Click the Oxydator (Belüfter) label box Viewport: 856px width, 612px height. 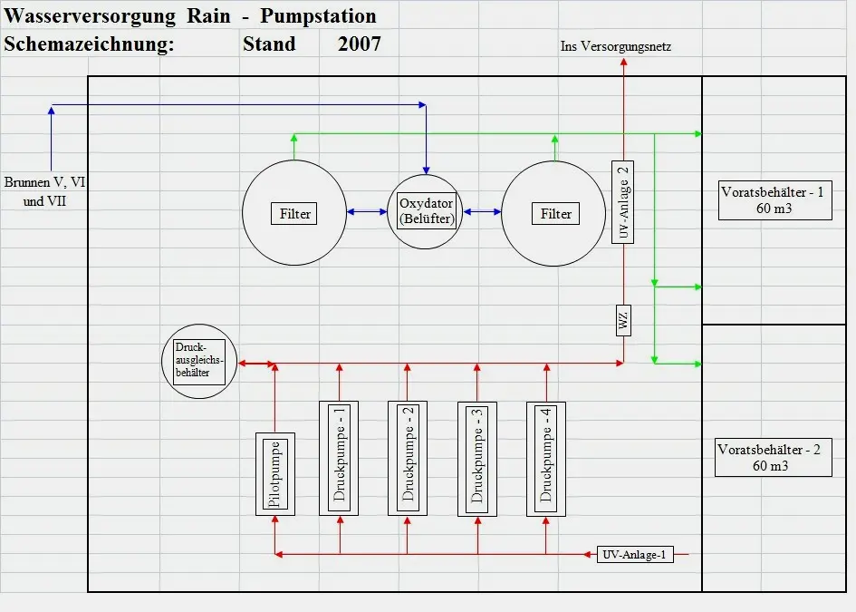[x=427, y=211]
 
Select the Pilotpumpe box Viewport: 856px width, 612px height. [x=275, y=474]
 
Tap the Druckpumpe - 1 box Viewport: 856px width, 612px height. [x=339, y=459]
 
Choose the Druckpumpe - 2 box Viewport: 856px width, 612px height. [x=408, y=459]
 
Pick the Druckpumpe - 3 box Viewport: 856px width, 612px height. [x=477, y=459]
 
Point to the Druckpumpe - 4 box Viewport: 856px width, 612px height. [x=546, y=459]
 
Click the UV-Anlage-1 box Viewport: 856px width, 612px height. [x=635, y=555]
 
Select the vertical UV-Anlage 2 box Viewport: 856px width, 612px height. [x=623, y=202]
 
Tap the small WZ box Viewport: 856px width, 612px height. [x=623, y=320]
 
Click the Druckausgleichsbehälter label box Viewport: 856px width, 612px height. [x=199, y=362]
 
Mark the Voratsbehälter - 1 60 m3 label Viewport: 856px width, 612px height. [x=775, y=200]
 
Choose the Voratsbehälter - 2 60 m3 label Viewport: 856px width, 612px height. [x=774, y=457]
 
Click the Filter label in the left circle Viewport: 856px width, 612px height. [x=294, y=214]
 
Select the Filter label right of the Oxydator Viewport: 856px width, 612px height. [x=556, y=214]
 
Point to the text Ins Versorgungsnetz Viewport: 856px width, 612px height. [x=616, y=46]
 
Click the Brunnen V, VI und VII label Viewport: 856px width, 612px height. [x=44, y=191]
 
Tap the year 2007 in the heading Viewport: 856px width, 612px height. [x=360, y=44]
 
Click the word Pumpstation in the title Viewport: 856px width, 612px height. [x=318, y=15]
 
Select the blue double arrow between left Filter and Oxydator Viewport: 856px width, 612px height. [x=367, y=211]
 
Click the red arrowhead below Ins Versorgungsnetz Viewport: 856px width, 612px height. [x=623, y=62]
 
